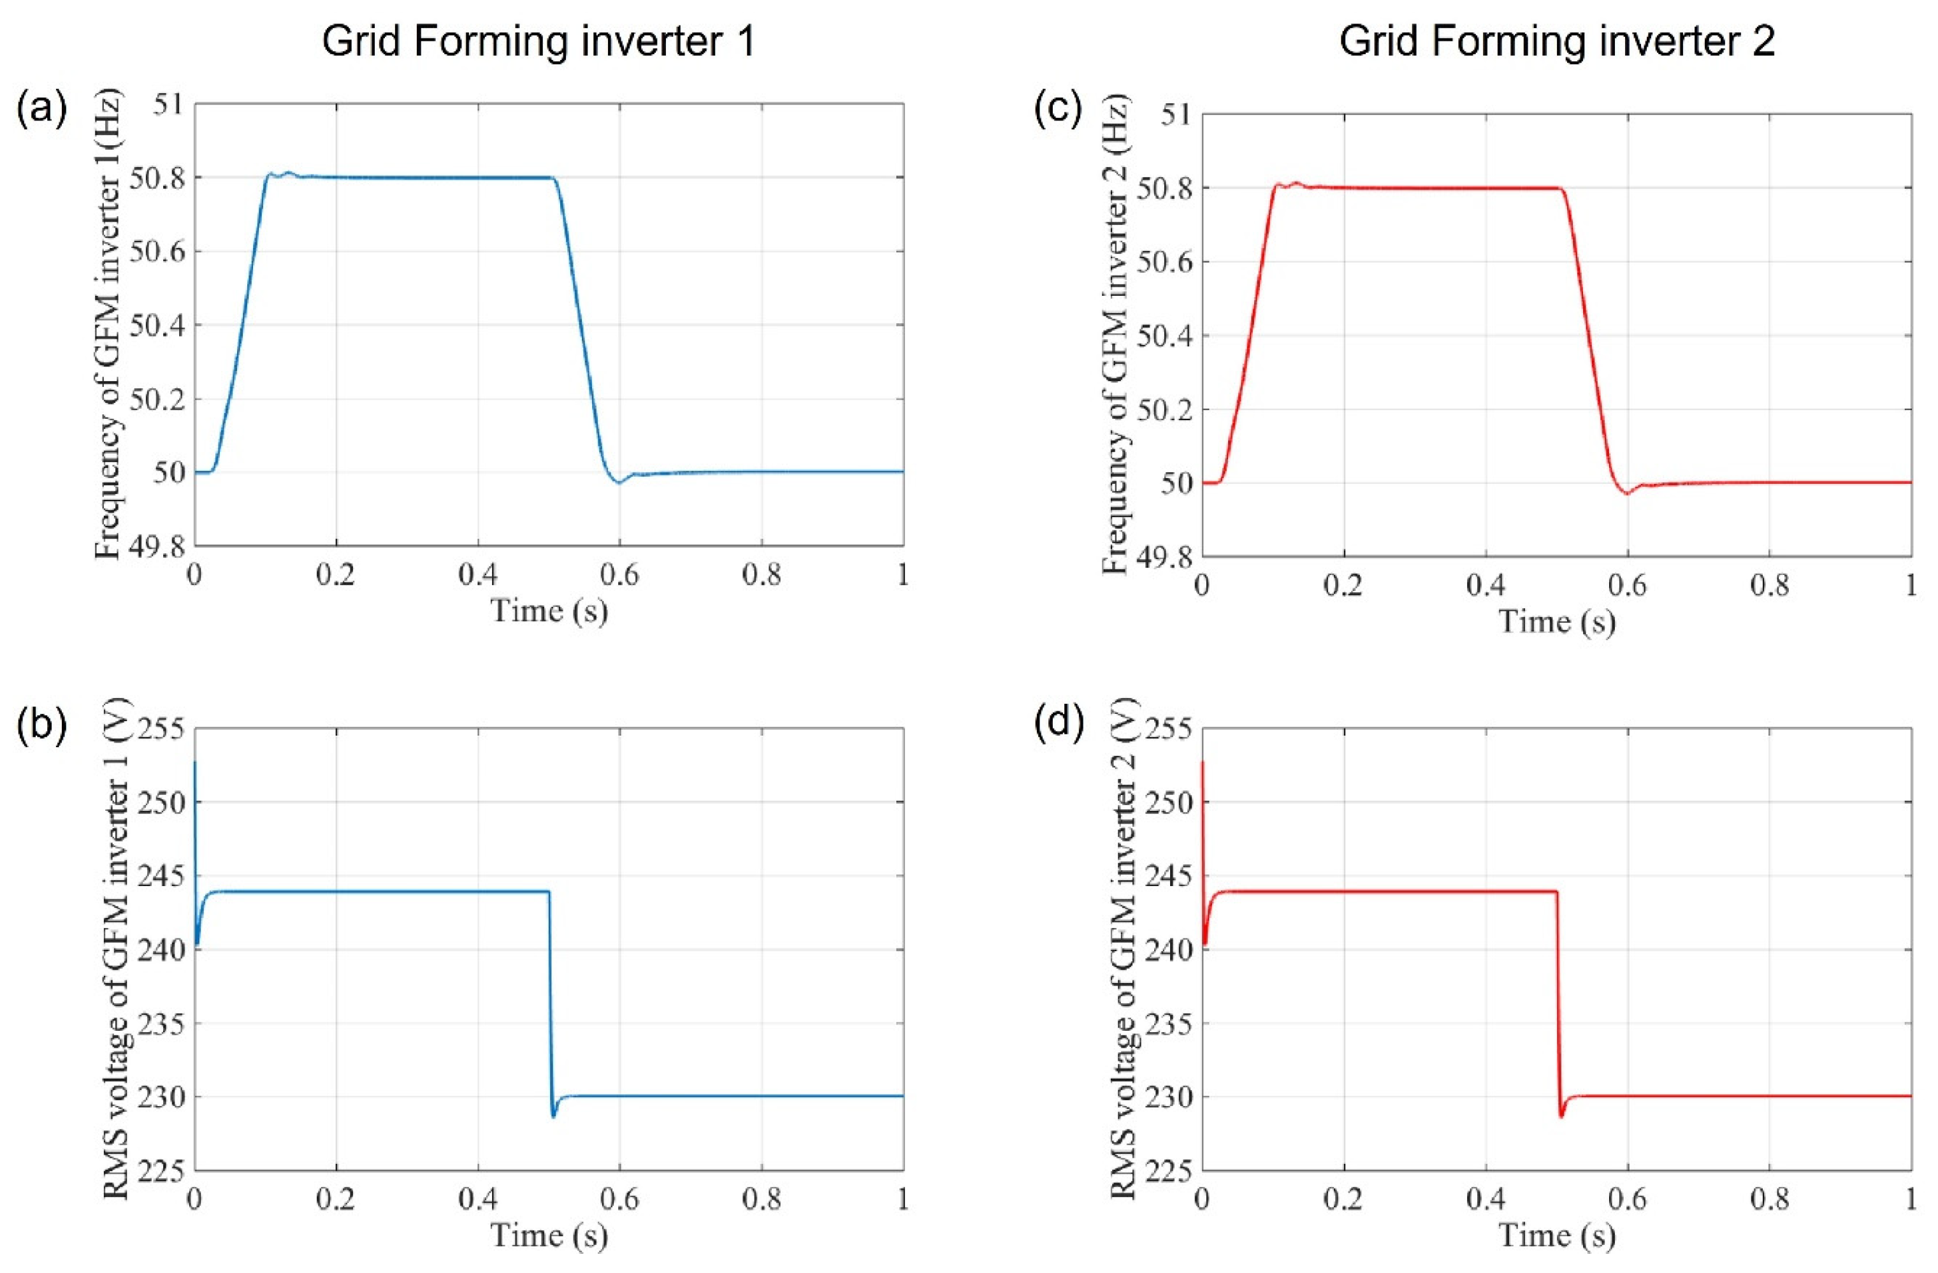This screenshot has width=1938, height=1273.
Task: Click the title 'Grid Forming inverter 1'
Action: point(539,41)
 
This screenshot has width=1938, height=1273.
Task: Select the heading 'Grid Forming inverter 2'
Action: point(1556,41)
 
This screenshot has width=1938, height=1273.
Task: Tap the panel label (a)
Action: point(41,109)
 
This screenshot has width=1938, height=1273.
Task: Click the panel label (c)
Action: point(1058,109)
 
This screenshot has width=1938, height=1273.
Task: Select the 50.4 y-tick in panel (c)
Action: point(1163,335)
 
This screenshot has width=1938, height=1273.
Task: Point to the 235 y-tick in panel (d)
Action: point(1169,1024)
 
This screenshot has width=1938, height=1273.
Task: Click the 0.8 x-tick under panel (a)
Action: point(762,576)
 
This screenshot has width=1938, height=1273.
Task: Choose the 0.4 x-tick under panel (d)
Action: point(1486,1200)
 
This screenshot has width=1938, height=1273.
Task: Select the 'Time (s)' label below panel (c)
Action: point(1557,622)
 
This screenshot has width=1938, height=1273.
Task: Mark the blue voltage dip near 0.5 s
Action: point(554,1115)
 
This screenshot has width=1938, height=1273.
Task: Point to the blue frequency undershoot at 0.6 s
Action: point(619,482)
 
